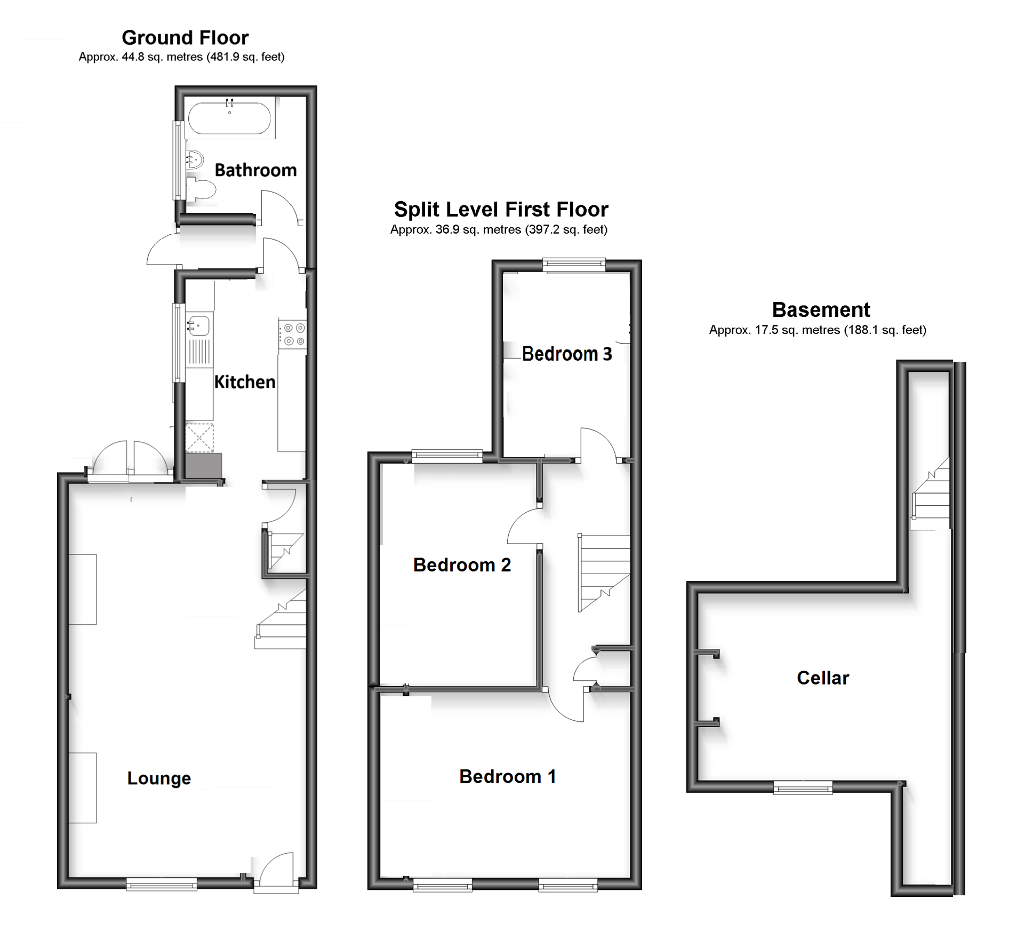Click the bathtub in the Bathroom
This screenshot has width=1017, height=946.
pyautogui.click(x=229, y=118)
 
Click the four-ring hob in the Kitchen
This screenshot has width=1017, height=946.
pyautogui.click(x=293, y=335)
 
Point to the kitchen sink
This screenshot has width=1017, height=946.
pyautogui.click(x=199, y=325)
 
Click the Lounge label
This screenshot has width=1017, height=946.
pyautogui.click(x=159, y=778)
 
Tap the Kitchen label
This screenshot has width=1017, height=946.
pyautogui.click(x=245, y=382)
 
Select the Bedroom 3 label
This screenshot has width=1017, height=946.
pyautogui.click(x=566, y=354)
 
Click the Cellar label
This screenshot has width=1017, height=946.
pyautogui.click(x=822, y=678)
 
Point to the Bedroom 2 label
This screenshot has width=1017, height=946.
pyautogui.click(x=462, y=565)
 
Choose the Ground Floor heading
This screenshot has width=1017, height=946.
pyautogui.click(x=185, y=38)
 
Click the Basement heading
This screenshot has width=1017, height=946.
pyautogui.click(x=821, y=310)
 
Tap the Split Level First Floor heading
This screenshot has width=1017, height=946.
pyautogui.click(x=501, y=210)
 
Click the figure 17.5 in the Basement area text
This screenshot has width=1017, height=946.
pyautogui.click(x=765, y=330)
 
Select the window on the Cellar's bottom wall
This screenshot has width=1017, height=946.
pyautogui.click(x=803, y=787)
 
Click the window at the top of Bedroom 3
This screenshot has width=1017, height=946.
pyautogui.click(x=574, y=265)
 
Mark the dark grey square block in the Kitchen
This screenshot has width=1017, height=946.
pyautogui.click(x=203, y=466)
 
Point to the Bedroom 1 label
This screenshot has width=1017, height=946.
pyautogui.click(x=507, y=776)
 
